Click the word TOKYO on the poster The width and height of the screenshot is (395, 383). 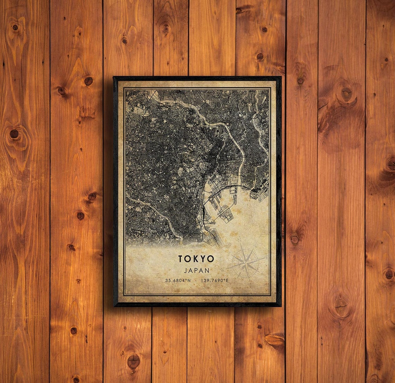point(196,259)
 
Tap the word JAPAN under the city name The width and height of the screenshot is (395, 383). point(196,270)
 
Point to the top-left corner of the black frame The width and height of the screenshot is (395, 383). point(114,77)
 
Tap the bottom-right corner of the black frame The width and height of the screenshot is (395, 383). point(281,306)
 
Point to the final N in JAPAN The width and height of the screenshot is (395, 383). point(208,270)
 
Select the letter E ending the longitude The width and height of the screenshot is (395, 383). point(227,280)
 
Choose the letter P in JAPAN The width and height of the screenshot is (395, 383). point(196,270)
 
